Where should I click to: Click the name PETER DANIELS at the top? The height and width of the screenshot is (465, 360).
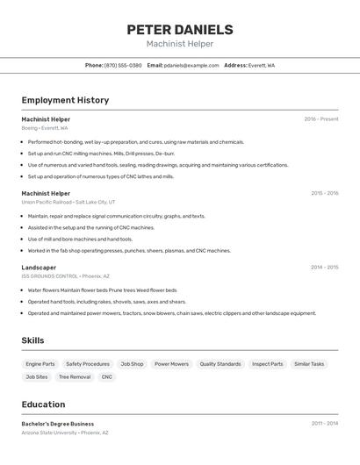[x=180, y=29]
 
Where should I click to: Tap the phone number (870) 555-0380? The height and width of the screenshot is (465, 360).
[x=123, y=65]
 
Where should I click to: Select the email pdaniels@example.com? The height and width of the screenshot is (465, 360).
[x=191, y=65]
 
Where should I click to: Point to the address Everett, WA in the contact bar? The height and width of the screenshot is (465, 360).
[x=261, y=65]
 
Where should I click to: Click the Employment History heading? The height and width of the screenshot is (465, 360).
[x=65, y=100]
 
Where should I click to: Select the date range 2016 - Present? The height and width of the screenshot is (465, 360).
[x=321, y=119]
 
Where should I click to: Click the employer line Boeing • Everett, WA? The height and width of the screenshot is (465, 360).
[x=45, y=128]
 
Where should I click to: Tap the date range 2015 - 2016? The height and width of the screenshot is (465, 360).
[x=324, y=193]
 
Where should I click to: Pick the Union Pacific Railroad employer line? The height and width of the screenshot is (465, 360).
[x=68, y=202]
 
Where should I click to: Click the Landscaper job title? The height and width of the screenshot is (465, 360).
[x=39, y=268]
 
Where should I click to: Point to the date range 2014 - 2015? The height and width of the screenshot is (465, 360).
[x=324, y=268]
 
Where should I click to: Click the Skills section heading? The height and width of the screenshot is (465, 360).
[x=32, y=340]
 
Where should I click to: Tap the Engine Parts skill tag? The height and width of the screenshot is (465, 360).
[x=40, y=364]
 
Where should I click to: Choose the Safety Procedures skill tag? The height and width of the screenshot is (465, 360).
[x=88, y=364]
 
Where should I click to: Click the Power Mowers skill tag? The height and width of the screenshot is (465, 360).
[x=171, y=364]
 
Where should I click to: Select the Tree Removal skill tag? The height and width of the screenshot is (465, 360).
[x=75, y=377]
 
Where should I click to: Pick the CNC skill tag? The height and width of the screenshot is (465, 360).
[x=107, y=377]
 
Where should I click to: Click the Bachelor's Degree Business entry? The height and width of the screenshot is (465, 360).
[x=58, y=424]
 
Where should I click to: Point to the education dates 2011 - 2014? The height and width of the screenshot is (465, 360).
[x=324, y=424]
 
